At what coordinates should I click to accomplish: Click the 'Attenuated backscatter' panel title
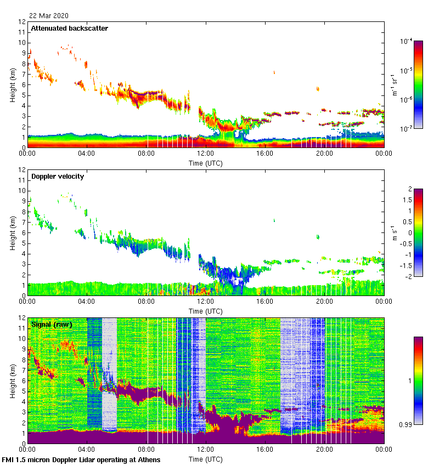point(69,29)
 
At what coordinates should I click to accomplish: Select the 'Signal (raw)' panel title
point(52,325)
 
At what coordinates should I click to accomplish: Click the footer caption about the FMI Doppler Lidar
point(81,459)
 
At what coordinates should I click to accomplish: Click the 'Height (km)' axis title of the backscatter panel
point(13,84)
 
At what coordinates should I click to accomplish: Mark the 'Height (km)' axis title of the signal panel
point(13,380)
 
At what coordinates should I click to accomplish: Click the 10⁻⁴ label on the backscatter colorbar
point(407,42)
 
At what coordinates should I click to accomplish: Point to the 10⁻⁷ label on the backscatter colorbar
point(407,129)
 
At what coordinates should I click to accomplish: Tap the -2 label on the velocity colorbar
point(408,276)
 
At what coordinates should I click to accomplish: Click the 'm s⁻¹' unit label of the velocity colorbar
point(395,232)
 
